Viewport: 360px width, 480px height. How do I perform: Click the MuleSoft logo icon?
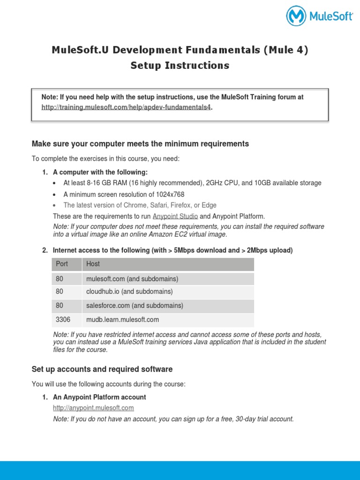tap(296, 16)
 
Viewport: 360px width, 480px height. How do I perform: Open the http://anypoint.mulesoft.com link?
tap(93, 408)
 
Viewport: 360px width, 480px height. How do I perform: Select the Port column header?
tap(62, 264)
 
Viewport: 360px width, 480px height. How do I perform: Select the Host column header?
tap(93, 264)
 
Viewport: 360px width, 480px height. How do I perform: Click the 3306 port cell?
tap(63, 320)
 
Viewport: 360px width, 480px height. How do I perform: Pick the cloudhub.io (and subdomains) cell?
tap(129, 292)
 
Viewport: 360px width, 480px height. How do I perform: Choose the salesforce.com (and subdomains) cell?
tap(135, 306)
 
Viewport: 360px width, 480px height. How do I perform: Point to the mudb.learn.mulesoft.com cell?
tap(123, 320)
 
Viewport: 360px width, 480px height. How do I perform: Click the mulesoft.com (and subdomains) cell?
tap(132, 279)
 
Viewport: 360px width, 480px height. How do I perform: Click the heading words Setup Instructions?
tap(180, 66)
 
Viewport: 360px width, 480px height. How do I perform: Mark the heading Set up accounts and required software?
tap(102, 369)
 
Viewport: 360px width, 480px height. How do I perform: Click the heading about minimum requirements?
tap(140, 143)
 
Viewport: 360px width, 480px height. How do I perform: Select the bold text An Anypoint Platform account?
tap(99, 397)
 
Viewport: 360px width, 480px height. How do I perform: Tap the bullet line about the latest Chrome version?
tap(140, 205)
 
